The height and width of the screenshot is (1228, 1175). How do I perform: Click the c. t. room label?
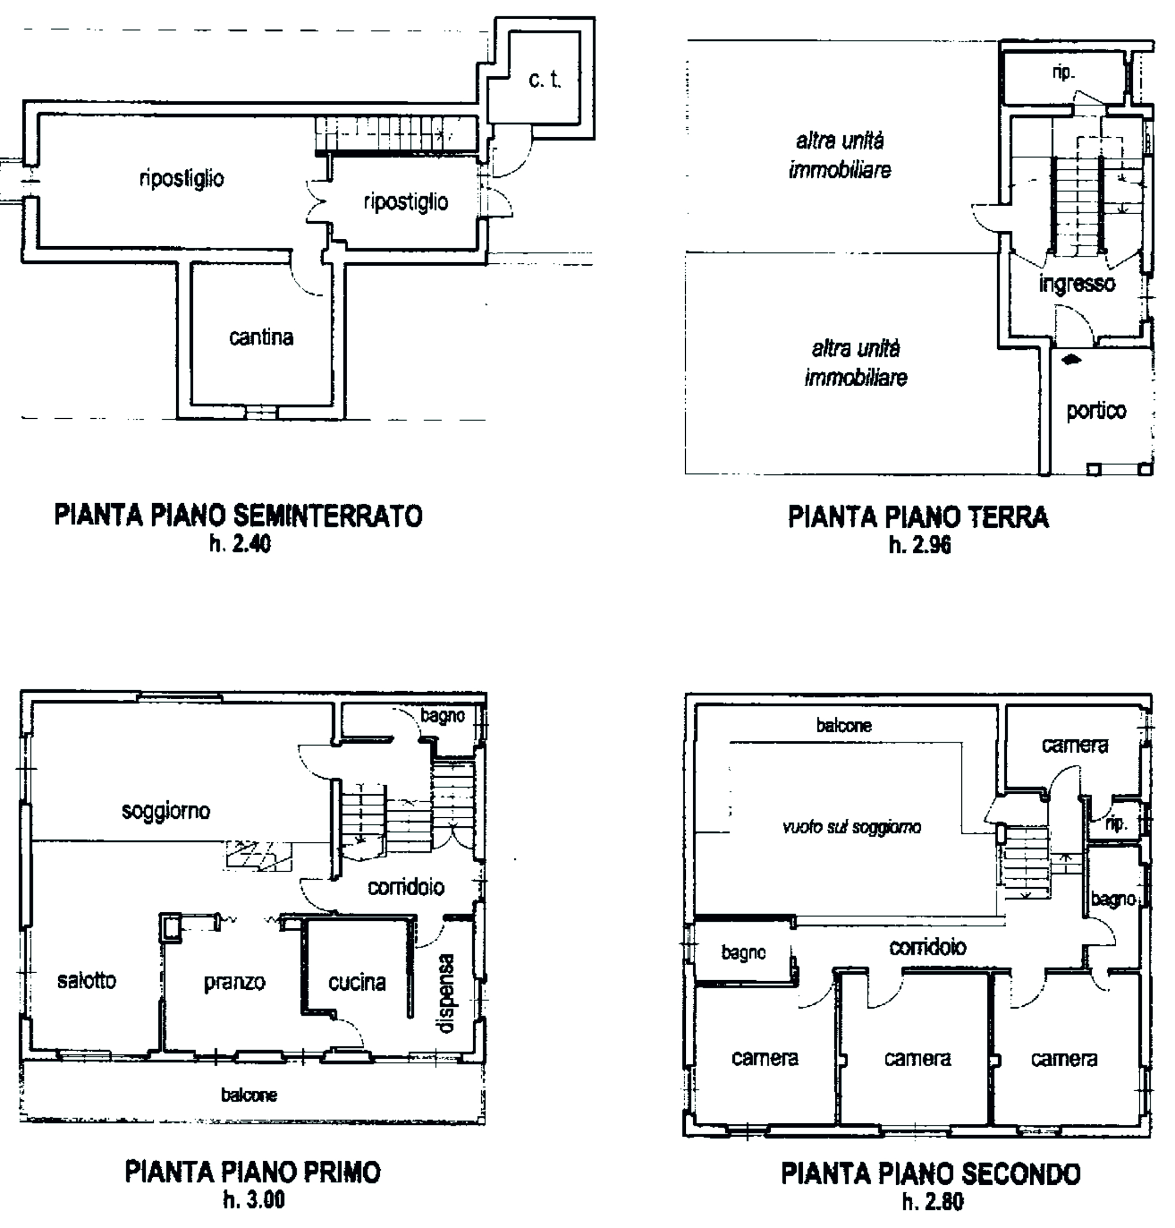545,80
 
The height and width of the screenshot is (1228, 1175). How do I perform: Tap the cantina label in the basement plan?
261,338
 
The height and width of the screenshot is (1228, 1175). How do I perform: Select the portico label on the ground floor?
1096,411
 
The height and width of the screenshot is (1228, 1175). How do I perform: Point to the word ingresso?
1077,284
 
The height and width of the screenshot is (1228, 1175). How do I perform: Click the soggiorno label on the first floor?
166,811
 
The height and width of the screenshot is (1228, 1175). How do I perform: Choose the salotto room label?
87,981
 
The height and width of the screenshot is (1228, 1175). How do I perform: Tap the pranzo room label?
235,982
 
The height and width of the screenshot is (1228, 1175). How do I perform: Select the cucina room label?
357,982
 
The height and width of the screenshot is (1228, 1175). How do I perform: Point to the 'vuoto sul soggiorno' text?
852,827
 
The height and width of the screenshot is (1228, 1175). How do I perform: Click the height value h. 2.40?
240,544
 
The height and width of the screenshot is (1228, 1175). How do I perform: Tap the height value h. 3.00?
254,1199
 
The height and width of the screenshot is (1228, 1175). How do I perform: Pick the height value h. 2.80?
933,1201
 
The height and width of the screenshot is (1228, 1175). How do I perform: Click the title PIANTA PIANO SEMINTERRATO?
239,515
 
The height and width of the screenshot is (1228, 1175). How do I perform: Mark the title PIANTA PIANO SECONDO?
931,1174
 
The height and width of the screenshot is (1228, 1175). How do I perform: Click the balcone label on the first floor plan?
249,1095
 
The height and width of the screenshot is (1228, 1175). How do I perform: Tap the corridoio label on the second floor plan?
928,947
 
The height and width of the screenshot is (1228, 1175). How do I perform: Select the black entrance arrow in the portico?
1072,359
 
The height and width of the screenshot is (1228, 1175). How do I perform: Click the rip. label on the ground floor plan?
1063,73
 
